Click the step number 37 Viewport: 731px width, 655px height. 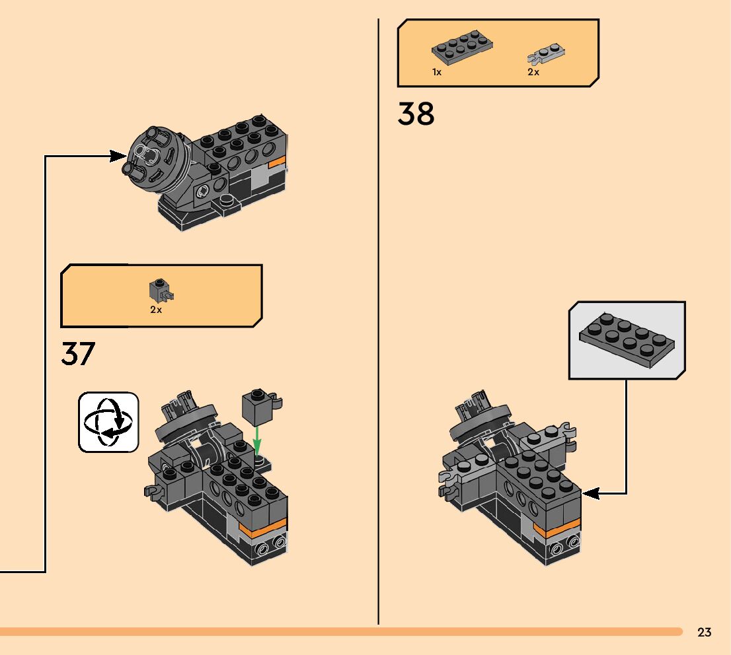tap(78, 355)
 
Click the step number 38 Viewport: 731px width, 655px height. tap(416, 114)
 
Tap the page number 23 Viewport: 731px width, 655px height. tap(704, 633)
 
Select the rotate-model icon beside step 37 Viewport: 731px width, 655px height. tap(108, 423)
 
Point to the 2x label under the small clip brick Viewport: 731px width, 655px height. tap(156, 310)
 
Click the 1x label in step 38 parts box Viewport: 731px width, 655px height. tap(437, 73)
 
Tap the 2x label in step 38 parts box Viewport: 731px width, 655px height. tap(533, 73)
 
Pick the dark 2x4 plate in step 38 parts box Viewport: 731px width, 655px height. tap(463, 48)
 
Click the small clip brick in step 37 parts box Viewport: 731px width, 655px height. tap(160, 290)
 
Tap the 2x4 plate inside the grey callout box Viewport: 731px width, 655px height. tap(627, 341)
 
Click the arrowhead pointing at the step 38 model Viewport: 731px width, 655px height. tap(590, 493)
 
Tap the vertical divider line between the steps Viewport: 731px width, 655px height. tap(379, 330)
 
